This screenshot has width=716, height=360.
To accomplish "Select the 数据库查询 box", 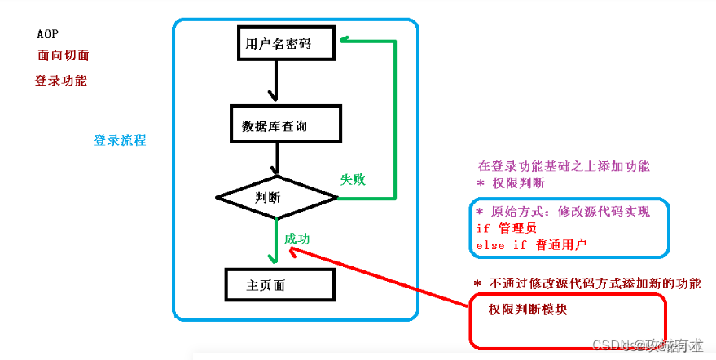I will (286, 126).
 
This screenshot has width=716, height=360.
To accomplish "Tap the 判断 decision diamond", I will (277, 197).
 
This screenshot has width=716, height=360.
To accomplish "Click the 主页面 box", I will (279, 285).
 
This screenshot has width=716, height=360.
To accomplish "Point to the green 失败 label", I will (353, 179).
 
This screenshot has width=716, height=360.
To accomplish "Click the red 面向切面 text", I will (63, 56).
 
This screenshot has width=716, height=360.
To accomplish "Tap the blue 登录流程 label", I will (120, 140).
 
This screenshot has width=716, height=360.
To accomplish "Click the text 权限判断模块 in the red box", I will (528, 310).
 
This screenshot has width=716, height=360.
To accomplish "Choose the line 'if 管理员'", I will (507, 228).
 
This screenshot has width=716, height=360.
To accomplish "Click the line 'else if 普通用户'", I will (531, 244).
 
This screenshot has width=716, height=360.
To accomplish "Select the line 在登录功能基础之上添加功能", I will (564, 165).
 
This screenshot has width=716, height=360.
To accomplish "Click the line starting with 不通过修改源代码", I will (586, 283).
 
